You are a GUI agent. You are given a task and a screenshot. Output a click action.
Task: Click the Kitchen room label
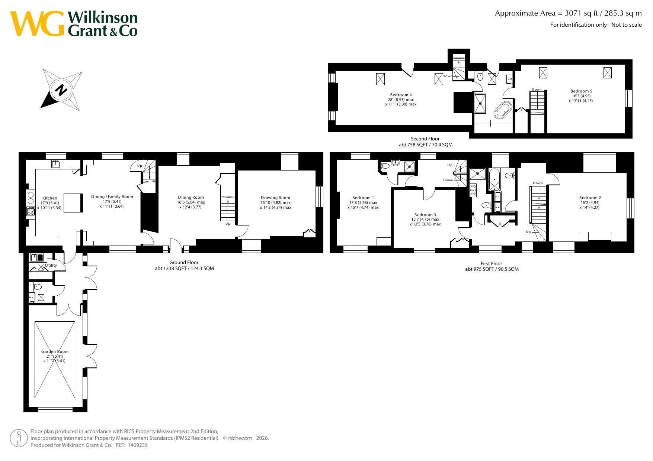pyautogui.click(x=50, y=198)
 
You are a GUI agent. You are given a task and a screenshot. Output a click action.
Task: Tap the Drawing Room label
pyautogui.click(x=275, y=198)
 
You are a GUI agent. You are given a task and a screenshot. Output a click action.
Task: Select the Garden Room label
pyautogui.click(x=55, y=351)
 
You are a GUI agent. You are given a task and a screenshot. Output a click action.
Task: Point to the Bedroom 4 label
pyautogui.click(x=401, y=95)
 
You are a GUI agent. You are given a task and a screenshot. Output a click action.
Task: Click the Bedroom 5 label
pyautogui.click(x=581, y=91)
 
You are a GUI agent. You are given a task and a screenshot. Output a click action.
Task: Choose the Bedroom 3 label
pyautogui.click(x=425, y=215)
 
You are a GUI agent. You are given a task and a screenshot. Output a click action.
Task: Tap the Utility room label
pyautogui.click(x=51, y=265)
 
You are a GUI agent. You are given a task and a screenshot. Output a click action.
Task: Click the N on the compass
pyautogui.click(x=61, y=90)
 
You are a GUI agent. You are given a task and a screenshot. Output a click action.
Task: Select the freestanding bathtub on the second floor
pyautogui.click(x=503, y=109)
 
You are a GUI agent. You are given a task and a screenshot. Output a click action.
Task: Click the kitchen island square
pyautogui.click(x=73, y=203)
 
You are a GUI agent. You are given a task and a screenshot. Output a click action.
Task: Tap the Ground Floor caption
pyautogui.click(x=184, y=262)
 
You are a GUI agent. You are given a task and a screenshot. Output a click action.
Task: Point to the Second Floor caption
pyautogui.click(x=425, y=139)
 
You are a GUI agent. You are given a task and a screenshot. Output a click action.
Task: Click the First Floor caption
pyautogui.click(x=492, y=263)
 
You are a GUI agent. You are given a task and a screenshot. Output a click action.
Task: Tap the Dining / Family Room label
pyautogui.click(x=112, y=197)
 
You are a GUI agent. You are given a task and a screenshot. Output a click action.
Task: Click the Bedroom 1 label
pyautogui.click(x=363, y=198)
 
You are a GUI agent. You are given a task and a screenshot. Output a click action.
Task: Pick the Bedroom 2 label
pyautogui.click(x=590, y=198)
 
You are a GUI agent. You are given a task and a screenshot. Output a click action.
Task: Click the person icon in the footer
pyautogui.click(x=19, y=438)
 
